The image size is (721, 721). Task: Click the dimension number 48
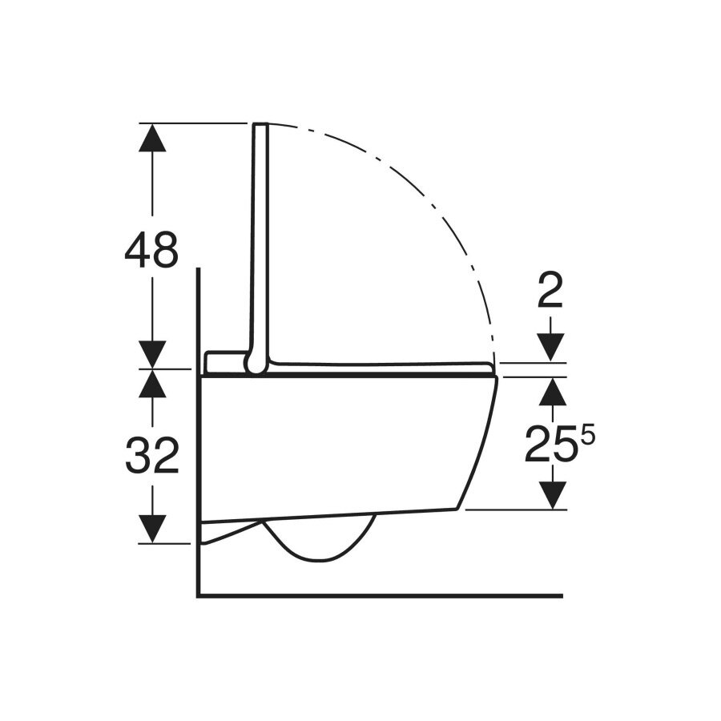coord(151,252)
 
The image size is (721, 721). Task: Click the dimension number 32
coord(151,456)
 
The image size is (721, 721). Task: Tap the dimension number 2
coord(551,295)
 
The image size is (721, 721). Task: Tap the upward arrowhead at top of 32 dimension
coord(152,385)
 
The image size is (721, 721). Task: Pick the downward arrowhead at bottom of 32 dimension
coord(152,529)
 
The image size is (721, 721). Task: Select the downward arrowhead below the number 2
coord(551,347)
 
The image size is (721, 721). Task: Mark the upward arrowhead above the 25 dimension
coord(552,392)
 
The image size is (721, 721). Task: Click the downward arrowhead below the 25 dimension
coord(552,494)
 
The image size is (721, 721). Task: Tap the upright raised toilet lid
coord(260,240)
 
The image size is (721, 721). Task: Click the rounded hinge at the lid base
coord(256,365)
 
